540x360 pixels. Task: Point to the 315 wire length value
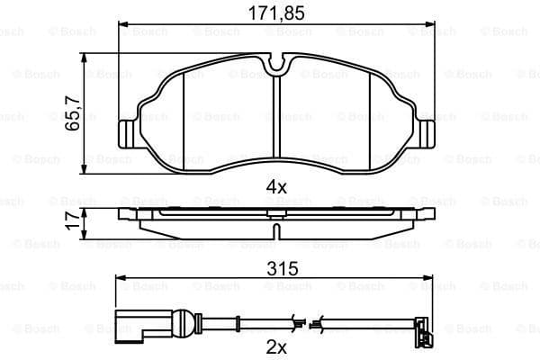pos(276,268)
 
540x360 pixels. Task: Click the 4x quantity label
pos(276,187)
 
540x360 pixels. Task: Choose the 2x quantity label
pos(276,346)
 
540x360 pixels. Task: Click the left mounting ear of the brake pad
pos(128,131)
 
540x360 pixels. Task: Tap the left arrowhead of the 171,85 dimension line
pos(121,24)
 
